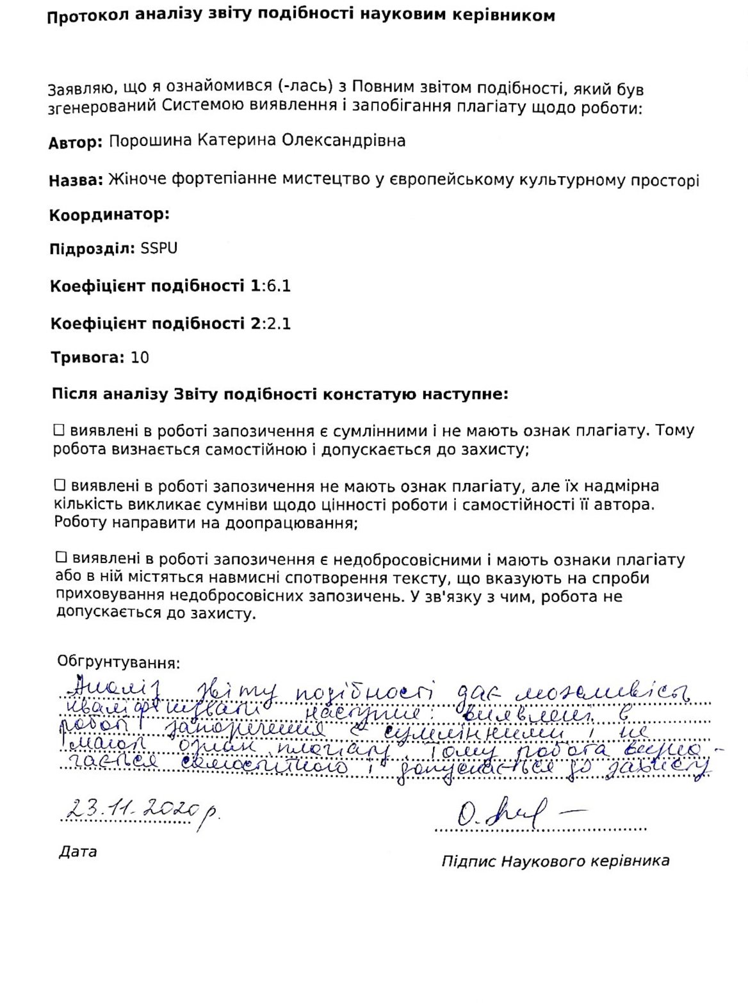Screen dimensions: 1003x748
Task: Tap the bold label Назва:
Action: click(76, 181)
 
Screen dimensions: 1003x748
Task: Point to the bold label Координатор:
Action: click(110, 215)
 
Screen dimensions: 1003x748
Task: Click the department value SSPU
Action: click(159, 249)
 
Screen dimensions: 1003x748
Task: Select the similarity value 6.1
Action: click(279, 286)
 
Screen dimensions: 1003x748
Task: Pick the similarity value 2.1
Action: click(279, 323)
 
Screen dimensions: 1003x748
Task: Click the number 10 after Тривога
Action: click(140, 357)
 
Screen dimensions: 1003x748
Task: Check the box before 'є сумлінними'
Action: click(60, 430)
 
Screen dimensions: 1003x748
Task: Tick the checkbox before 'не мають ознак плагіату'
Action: click(60, 485)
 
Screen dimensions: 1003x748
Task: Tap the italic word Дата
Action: click(77, 851)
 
